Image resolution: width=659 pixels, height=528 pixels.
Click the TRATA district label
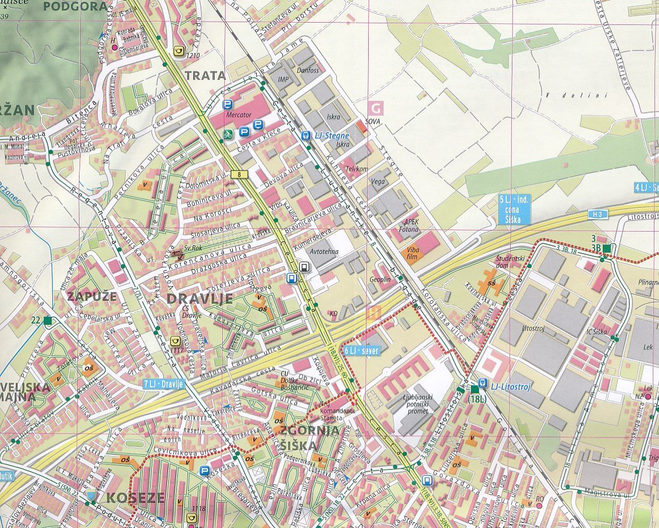205,76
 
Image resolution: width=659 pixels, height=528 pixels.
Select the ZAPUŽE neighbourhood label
91,296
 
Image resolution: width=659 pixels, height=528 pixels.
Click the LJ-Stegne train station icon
306,136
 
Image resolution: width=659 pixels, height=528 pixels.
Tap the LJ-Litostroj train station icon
482,383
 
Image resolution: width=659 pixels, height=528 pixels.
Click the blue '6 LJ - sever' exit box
362,351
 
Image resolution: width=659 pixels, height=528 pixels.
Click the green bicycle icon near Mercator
227,135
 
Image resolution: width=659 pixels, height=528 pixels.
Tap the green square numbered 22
47,320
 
